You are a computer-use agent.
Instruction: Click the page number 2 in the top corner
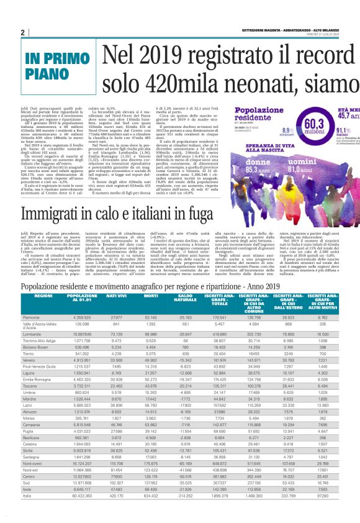(22, 32)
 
